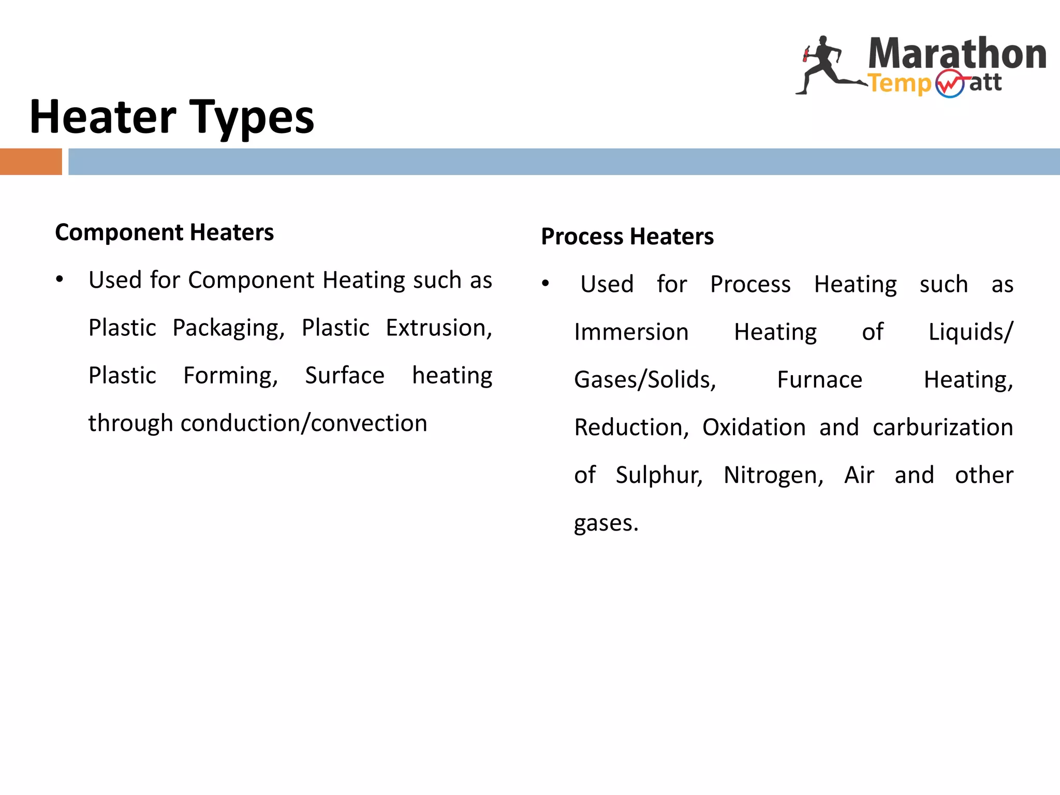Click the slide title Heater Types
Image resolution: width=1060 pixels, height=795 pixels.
coord(172,117)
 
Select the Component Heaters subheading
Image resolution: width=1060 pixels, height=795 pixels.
coord(164,232)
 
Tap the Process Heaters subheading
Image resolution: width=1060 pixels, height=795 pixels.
coord(627,237)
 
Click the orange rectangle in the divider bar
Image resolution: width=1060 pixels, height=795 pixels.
coord(31,161)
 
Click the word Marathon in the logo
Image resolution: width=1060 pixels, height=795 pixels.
coord(957,54)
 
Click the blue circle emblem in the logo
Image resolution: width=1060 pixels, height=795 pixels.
coord(950,84)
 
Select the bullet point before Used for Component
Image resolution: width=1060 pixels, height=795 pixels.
coord(60,280)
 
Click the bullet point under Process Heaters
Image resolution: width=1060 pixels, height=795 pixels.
coord(545,284)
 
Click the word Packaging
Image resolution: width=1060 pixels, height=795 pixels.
coord(228,328)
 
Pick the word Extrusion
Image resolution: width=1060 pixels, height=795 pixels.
coord(438,328)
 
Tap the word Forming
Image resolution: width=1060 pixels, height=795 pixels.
coord(230,376)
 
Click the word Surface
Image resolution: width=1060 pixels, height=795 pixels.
coord(345,376)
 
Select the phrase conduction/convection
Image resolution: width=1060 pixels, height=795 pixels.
coord(304,423)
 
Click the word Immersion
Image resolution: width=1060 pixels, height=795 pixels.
coord(631,332)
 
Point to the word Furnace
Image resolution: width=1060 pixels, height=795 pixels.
coord(819,380)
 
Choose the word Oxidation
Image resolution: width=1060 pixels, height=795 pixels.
coord(754,428)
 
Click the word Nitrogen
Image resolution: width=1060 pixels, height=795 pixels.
coord(773,475)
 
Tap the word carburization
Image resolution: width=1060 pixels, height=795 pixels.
coord(943,428)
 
